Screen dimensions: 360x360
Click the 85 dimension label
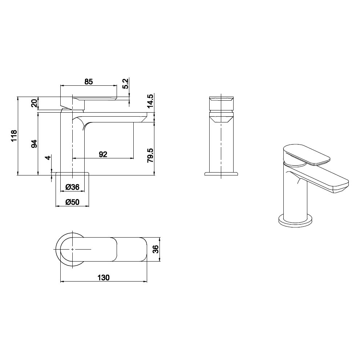(89, 82)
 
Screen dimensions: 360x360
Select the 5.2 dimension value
(125, 84)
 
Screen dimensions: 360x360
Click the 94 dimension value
(34, 143)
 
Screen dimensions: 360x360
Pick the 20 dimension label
(34, 104)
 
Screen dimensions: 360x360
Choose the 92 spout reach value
(103, 154)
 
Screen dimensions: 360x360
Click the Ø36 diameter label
(72, 187)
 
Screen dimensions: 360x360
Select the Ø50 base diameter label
(72, 202)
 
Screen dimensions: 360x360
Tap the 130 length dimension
(103, 278)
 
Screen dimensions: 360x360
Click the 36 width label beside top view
(155, 249)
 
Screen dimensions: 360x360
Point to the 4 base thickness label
(47, 158)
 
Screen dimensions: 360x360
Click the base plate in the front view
(221, 174)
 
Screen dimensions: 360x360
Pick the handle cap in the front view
(221, 103)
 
